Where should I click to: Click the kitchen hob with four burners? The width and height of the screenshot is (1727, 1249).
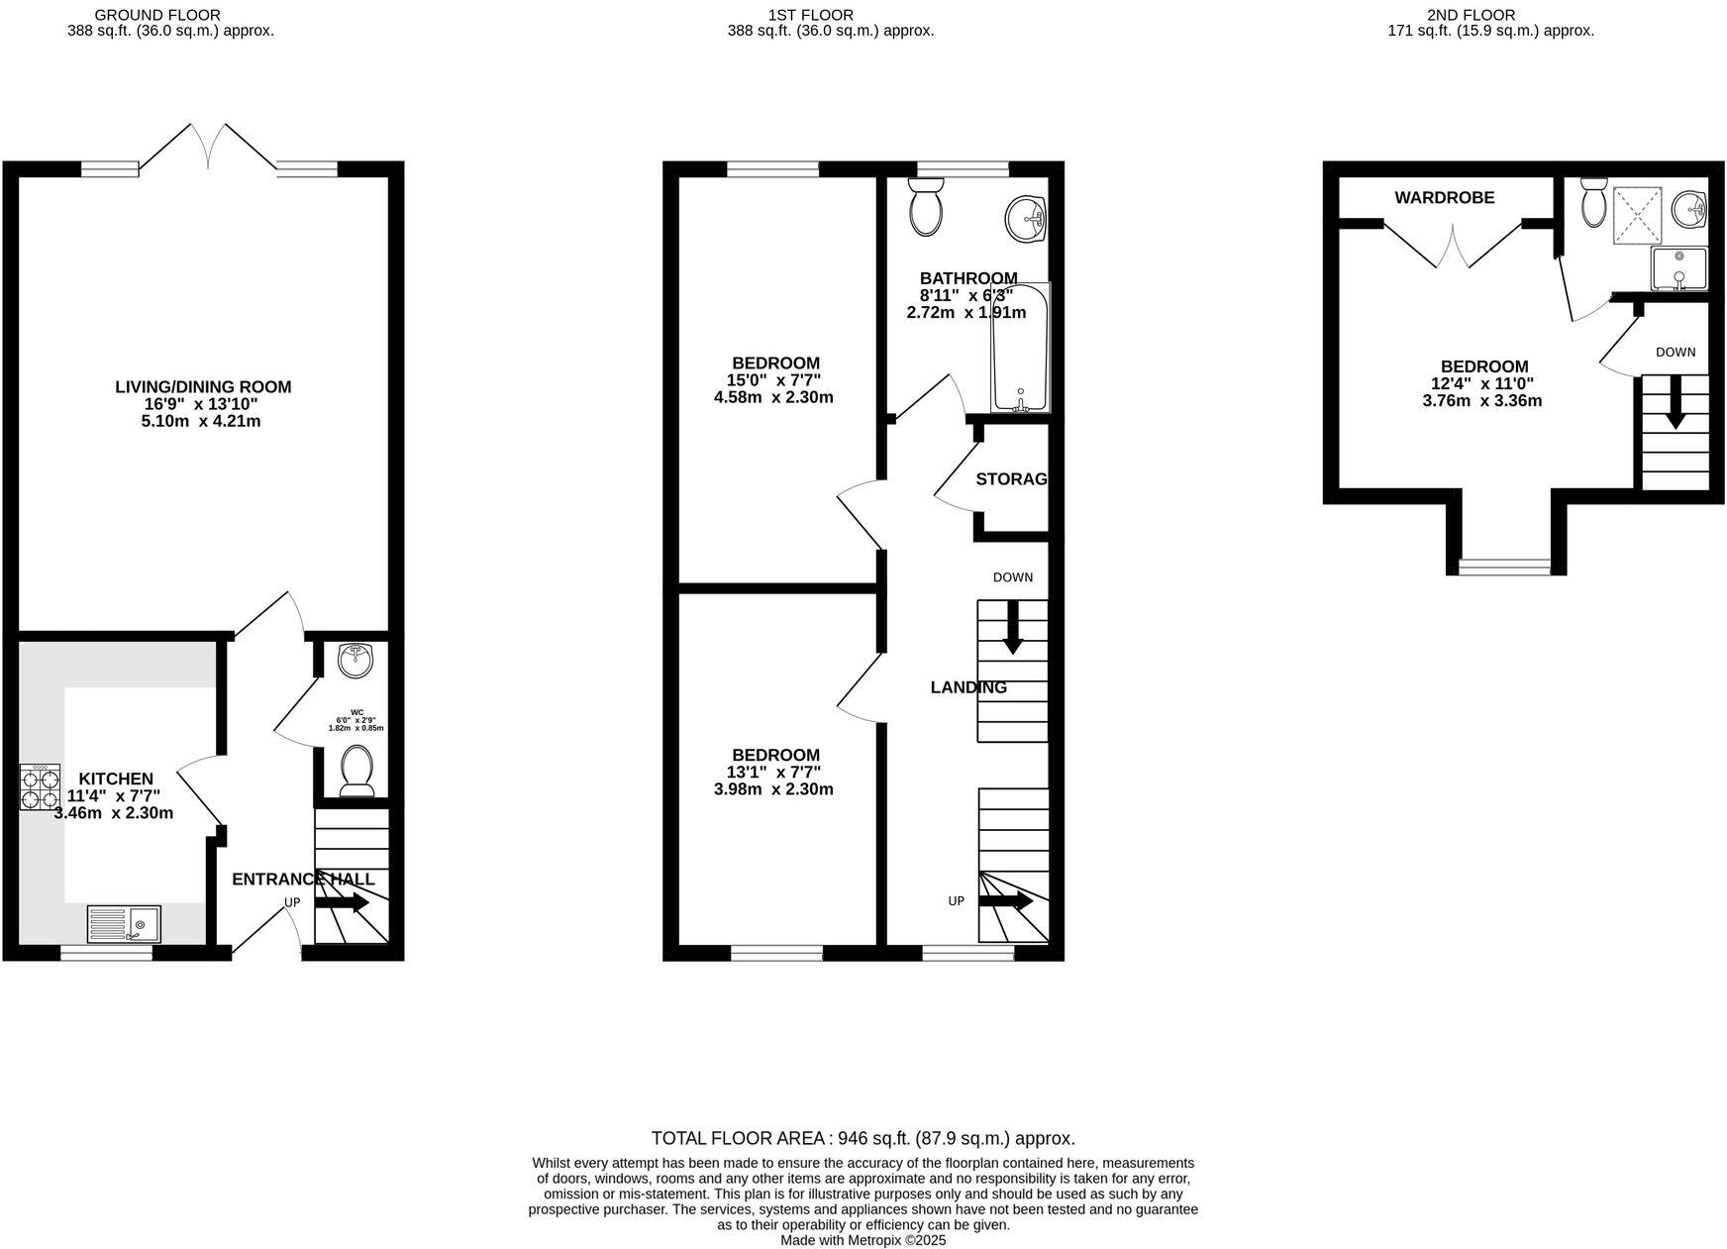40,787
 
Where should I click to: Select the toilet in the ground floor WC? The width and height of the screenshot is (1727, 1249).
356,770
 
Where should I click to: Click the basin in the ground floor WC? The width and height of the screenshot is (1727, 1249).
354,660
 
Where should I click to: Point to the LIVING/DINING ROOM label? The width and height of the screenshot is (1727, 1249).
203,387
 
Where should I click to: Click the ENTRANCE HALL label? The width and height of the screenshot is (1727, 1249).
303,880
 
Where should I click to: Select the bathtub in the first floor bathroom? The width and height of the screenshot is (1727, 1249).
1020,349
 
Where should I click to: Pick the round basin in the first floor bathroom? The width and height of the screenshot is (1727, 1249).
1027,217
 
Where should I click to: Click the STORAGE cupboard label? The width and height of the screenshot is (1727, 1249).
1011,479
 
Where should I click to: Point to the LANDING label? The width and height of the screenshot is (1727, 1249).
968,687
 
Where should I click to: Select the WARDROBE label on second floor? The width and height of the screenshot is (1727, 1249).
1444,198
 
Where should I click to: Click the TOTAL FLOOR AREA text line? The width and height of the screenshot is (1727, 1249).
863,1139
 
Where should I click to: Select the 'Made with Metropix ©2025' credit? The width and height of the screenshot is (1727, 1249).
863,1240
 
